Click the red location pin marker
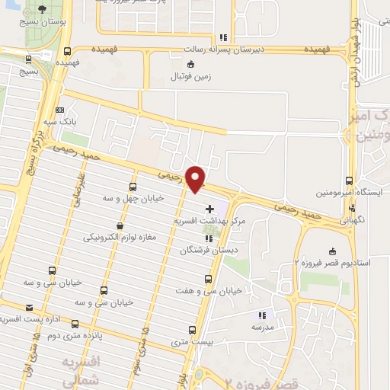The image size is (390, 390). point(197,178)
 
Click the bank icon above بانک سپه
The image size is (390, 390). point(60,110)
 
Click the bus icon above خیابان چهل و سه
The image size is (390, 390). point(133,187)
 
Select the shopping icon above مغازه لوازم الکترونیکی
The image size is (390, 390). point(119,225)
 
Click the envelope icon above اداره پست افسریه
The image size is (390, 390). point(30,307)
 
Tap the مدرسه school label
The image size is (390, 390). point(261,325)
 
